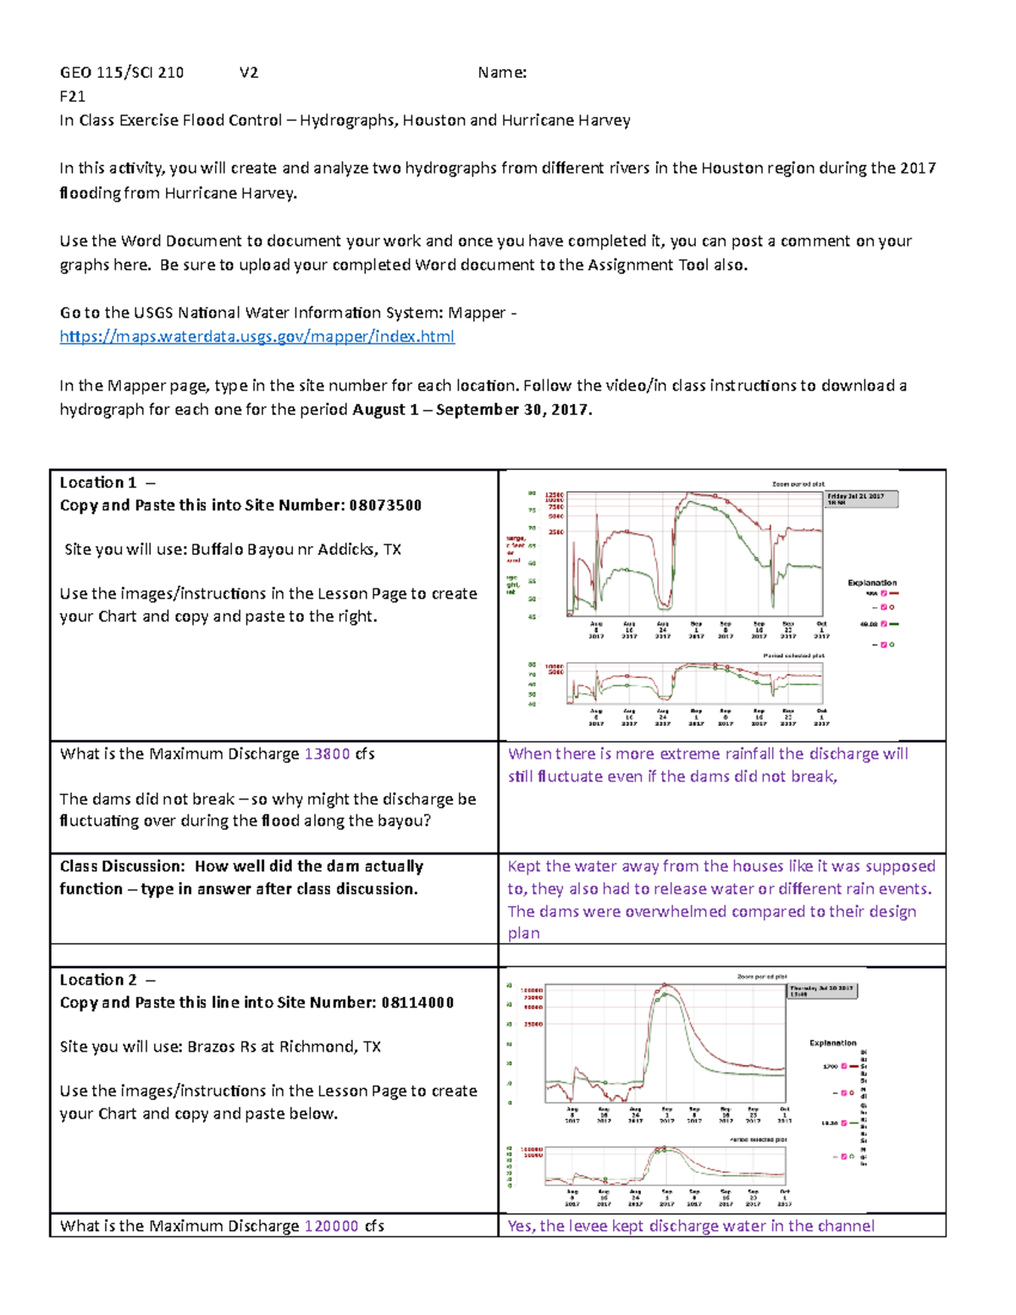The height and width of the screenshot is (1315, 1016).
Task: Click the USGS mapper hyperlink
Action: click(257, 336)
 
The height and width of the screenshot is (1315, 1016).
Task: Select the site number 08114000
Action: click(417, 1003)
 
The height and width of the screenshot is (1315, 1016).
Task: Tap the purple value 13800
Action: click(327, 754)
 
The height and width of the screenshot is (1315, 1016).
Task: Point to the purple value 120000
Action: click(331, 1226)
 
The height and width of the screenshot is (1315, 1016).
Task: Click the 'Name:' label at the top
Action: click(502, 73)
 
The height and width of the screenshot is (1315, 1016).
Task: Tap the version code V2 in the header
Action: click(249, 73)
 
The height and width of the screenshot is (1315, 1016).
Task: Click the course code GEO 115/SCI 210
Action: click(121, 73)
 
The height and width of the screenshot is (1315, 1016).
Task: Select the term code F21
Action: click(72, 97)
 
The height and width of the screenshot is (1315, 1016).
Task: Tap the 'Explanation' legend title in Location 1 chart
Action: click(872, 583)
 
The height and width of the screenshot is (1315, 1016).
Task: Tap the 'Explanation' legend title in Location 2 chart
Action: click(832, 1043)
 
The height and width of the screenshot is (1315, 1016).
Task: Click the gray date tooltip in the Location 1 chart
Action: click(861, 500)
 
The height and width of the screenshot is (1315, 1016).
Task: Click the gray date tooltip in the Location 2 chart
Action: click(822, 991)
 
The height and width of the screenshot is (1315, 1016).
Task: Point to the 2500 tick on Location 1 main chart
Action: click(555, 533)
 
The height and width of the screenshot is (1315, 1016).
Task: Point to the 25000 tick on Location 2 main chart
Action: click(532, 1025)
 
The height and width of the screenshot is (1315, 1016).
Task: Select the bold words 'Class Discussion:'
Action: click(122, 866)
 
